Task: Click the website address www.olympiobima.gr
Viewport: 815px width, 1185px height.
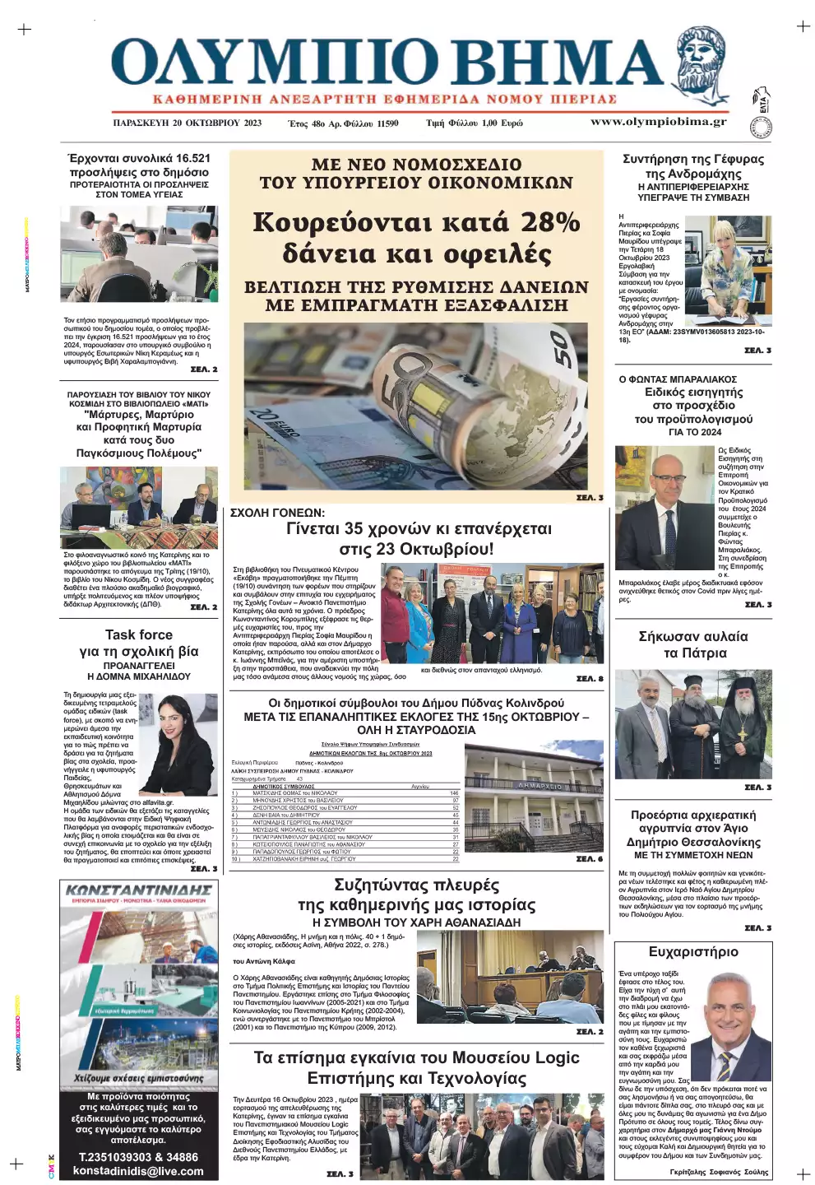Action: tap(658, 122)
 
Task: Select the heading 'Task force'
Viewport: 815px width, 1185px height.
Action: tap(139, 634)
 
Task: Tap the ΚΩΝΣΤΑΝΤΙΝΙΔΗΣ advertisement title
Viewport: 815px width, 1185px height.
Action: tap(138, 890)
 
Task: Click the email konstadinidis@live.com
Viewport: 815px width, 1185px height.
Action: tap(138, 1170)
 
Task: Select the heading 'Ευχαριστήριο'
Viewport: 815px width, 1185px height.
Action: tap(692, 952)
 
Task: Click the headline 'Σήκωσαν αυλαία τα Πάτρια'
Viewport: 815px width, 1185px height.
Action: tap(692, 644)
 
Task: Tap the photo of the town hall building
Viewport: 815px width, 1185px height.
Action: tap(534, 796)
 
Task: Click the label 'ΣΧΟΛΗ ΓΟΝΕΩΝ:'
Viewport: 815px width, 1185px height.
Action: tap(277, 513)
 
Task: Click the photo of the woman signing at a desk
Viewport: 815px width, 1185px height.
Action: tap(728, 270)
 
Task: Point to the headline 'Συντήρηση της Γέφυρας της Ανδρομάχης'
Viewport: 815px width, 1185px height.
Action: tap(692, 166)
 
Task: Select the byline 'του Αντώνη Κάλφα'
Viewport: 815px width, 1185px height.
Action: tap(264, 961)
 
